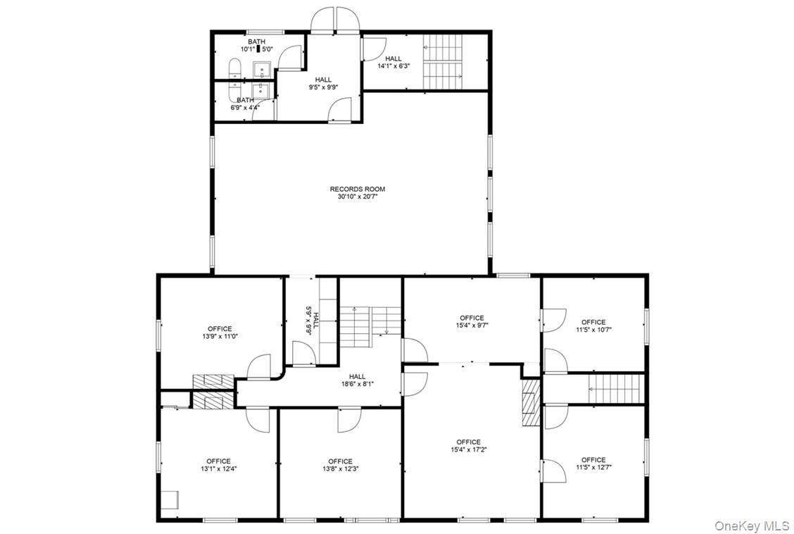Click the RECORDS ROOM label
coord(357,189)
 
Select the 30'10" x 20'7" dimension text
coord(357,197)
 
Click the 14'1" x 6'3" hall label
coord(393,62)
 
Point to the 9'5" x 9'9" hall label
coord(323,84)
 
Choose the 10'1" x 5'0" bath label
coord(256,46)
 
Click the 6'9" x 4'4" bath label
coord(245,104)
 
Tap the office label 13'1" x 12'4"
coord(218,465)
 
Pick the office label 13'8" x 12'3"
coord(340,465)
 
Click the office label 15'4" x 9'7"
coord(472,322)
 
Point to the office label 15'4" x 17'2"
coord(468,446)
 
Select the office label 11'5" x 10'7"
coord(593,326)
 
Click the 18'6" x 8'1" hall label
coord(357,380)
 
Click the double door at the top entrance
coord(334,20)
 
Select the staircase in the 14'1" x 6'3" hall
coord(442,62)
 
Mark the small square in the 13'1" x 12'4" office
coord(170,499)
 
